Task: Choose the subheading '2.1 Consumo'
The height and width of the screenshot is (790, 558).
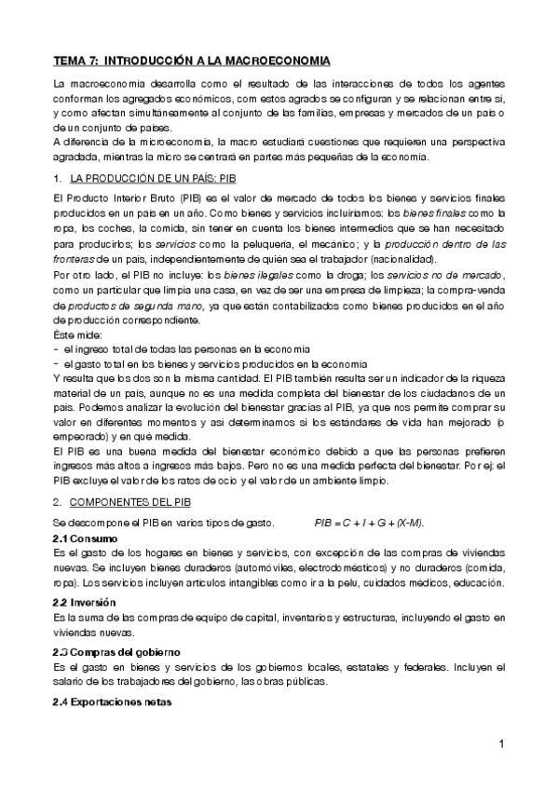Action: pyautogui.click(x=82, y=538)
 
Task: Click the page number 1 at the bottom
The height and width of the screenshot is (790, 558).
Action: pyautogui.click(x=501, y=745)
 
